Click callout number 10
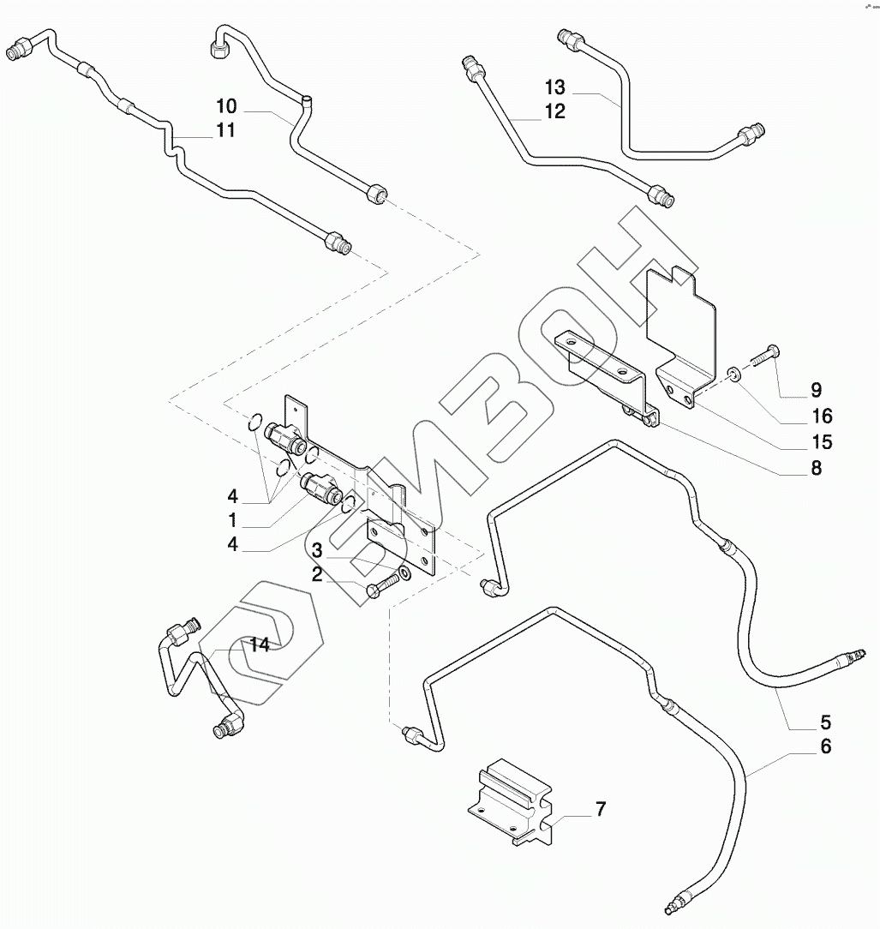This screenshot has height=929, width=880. (225, 106)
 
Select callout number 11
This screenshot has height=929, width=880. (225, 130)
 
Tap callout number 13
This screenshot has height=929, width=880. (554, 87)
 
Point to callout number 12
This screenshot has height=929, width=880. (554, 111)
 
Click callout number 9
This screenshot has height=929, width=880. (815, 391)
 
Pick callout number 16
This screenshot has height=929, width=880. (822, 417)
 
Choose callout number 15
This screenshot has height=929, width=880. (822, 442)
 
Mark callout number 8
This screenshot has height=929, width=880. (815, 468)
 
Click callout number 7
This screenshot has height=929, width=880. (600, 808)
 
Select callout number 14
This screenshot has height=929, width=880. (260, 644)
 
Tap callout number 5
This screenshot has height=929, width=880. (824, 721)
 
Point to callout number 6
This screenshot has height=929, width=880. (824, 746)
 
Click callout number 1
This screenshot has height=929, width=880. (232, 520)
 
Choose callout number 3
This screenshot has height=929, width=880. (317, 549)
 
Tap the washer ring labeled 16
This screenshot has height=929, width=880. (735, 373)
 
